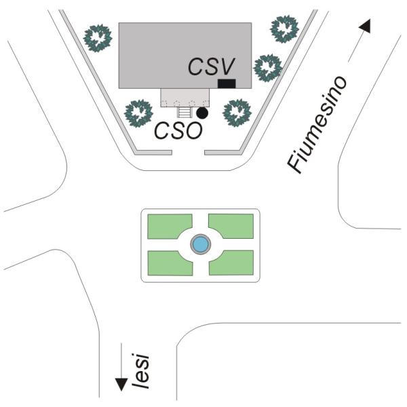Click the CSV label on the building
(x=211, y=66)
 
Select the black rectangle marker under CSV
(x=227, y=83)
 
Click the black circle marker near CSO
(x=201, y=113)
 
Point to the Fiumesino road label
(x=316, y=125)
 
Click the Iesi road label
(x=141, y=370)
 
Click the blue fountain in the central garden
(x=199, y=244)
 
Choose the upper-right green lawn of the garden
(x=231, y=225)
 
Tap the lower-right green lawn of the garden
(x=231, y=263)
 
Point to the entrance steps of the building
(x=185, y=113)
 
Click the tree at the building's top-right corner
(x=284, y=28)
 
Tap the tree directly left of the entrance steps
(x=139, y=112)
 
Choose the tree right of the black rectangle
(x=267, y=67)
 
